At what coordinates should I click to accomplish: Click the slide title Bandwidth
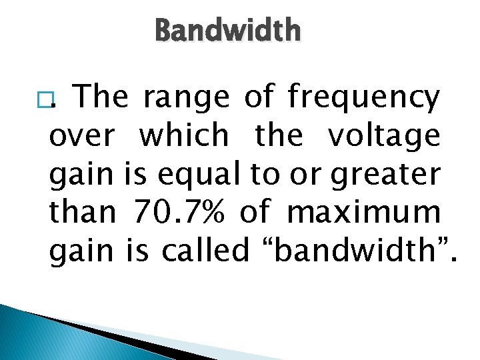[227, 31]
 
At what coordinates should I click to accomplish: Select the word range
[185, 98]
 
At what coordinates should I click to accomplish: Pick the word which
[183, 136]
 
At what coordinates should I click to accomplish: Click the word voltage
[383, 137]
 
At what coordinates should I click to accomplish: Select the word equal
[201, 175]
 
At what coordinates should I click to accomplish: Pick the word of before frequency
[258, 98]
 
